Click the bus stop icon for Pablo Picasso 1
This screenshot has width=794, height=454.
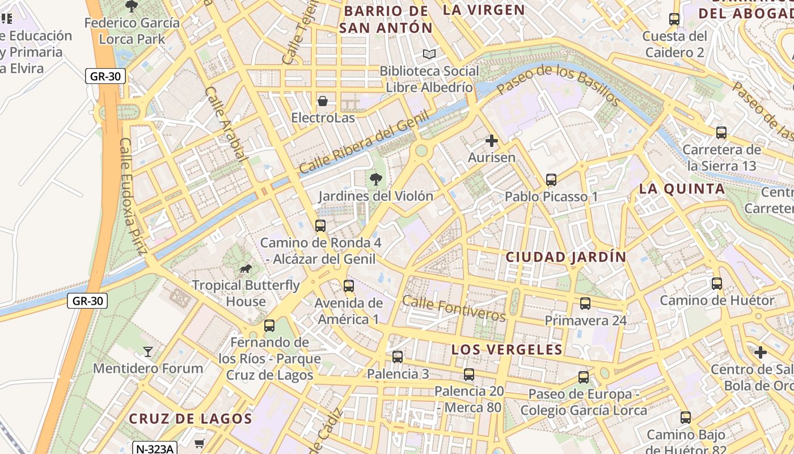551,180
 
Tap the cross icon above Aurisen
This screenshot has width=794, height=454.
492,141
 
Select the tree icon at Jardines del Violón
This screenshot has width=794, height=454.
375,180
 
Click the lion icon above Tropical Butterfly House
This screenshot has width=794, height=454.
245,268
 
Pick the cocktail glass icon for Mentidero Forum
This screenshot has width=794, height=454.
148,352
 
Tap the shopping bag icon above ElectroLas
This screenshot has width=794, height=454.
323,101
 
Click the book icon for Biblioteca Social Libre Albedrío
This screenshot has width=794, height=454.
429,54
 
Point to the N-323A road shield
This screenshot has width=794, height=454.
154,448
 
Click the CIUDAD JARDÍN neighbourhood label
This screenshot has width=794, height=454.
566,257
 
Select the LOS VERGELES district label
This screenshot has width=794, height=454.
507,350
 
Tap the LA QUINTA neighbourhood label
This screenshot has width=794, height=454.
682,189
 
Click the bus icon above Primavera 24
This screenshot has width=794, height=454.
585,304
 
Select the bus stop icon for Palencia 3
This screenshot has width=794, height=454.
398,357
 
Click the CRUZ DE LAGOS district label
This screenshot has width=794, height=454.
190,419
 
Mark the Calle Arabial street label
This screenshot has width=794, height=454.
225,124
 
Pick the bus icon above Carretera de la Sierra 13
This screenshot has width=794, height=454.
721,133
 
